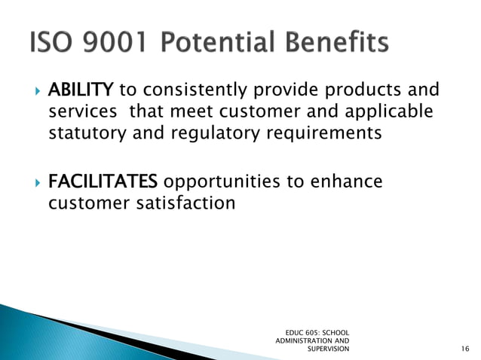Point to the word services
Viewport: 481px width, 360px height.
(83, 113)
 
